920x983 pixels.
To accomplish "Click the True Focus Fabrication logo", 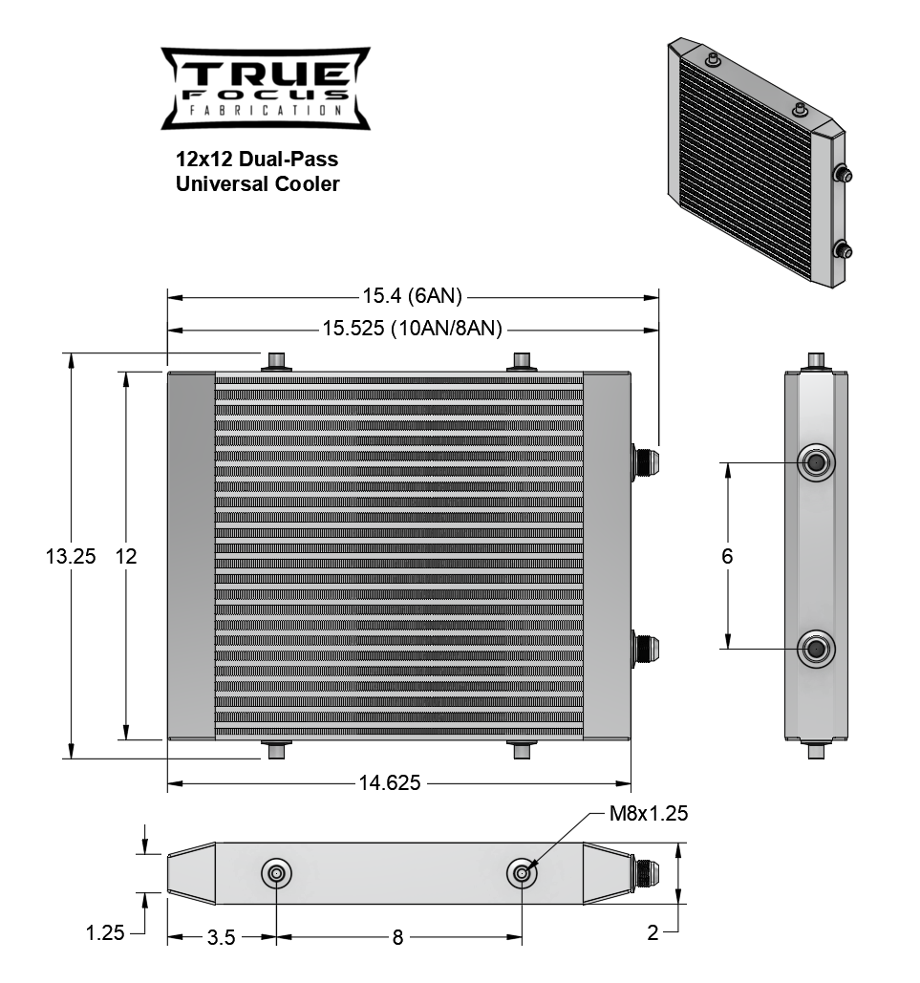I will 265,88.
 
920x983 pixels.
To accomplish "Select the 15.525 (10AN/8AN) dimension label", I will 412,330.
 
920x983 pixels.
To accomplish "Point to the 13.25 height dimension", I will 70,556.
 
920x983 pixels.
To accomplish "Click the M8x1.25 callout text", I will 649,814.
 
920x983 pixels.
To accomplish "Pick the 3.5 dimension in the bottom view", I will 221,937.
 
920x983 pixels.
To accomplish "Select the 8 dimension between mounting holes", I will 397,937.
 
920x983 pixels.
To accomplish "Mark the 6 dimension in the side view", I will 728,555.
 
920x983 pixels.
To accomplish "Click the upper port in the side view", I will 816,462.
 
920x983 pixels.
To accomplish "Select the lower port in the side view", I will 816,648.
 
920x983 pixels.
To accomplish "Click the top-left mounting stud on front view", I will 277,361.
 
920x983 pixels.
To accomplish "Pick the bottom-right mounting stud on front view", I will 522,750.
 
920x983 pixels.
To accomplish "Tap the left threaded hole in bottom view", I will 277,873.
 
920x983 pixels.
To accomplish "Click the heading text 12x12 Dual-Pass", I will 257,159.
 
